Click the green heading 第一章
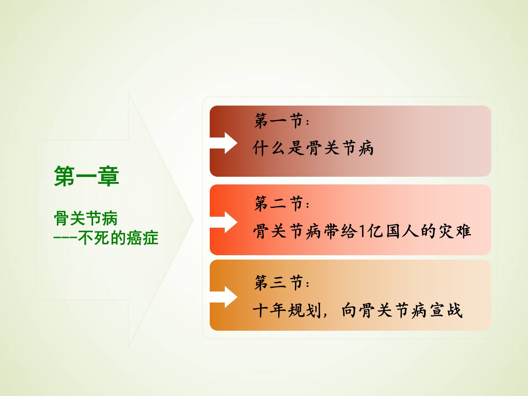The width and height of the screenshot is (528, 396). pos(87,176)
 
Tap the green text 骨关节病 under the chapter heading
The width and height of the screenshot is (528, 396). pos(86,218)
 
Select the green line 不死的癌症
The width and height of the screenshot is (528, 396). pos(118,238)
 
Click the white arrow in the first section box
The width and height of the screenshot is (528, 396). pos(224,143)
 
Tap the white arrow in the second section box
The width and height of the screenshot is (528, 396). pos(224,222)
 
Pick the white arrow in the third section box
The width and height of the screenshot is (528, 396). pos(224,297)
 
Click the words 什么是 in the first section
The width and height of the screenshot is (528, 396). pos(279,148)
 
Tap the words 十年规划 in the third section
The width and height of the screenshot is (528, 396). pos(287,311)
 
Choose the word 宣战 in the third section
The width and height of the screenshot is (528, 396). pos(446,311)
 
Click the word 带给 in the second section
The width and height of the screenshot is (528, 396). pos(340,231)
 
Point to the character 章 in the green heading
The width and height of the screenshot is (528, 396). pos(109,176)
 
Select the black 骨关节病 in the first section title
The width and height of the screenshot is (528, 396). pos(340,148)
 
